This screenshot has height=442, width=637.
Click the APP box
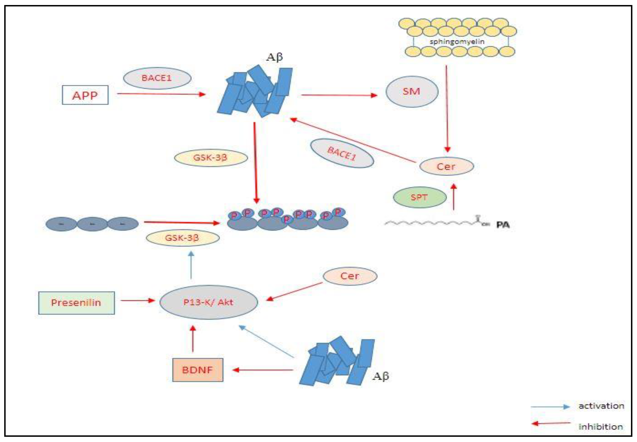pos(85,95)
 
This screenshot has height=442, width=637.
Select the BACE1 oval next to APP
pos(157,78)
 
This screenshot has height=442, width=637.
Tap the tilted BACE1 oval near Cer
pos(342,153)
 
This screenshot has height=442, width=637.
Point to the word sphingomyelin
pos(457,42)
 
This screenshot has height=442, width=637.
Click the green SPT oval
pos(420,197)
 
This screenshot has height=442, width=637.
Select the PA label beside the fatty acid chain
pos(503,225)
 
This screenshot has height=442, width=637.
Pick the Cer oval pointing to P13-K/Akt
pos(350,276)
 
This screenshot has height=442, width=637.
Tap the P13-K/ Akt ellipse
pos(208,302)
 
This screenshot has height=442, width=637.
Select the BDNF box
pos(197,370)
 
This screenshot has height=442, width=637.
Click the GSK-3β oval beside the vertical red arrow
pos(210,158)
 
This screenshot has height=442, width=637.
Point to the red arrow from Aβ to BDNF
pos(263,370)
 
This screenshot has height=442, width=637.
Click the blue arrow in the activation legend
pos(550,406)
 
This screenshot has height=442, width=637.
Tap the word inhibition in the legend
pos(600,427)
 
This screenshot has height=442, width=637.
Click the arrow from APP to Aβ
pos(161,94)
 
